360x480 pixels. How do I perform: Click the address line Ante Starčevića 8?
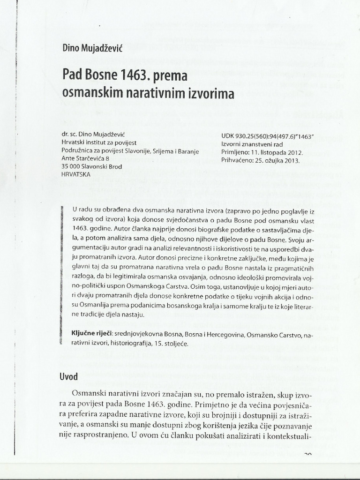coord(89,159)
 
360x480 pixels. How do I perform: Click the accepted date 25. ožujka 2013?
coord(277,160)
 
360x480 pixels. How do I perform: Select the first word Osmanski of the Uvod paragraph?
coord(88,392)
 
